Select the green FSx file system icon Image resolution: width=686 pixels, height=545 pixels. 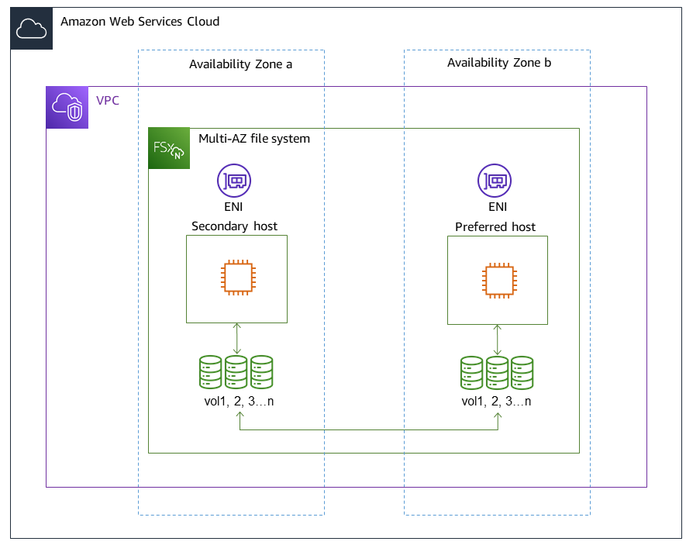(168, 148)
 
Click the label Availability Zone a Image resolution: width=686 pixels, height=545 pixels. (240, 64)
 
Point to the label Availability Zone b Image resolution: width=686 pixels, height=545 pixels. (499, 63)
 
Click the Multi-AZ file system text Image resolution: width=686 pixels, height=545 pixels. (254, 139)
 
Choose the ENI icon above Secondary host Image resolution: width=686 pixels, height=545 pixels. (234, 181)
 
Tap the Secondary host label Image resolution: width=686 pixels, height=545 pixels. (234, 226)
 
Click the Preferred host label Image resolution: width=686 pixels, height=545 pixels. (496, 227)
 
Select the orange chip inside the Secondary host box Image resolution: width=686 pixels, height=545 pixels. (237, 278)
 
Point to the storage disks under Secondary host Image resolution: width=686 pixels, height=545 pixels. (236, 373)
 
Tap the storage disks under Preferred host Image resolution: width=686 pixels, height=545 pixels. (497, 373)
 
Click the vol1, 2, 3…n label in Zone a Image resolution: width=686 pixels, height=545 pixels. (236, 402)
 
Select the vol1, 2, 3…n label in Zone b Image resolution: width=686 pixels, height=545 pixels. (497, 402)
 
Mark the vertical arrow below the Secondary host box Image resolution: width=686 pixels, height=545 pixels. (237, 339)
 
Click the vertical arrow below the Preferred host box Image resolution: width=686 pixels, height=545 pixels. (498, 340)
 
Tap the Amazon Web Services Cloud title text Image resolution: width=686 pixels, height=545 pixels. (140, 22)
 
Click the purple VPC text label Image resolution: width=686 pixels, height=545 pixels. (108, 101)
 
